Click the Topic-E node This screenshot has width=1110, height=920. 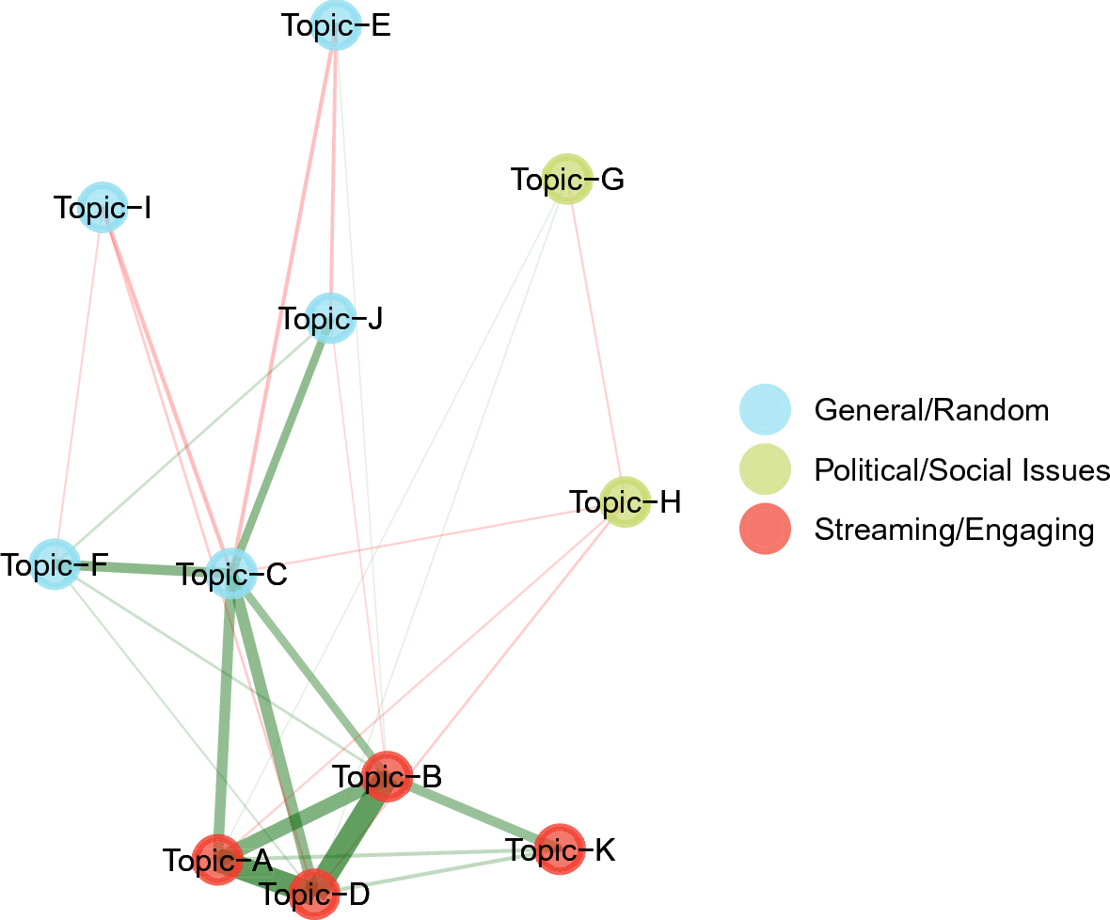(x=336, y=25)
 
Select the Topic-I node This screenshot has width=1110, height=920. (x=103, y=207)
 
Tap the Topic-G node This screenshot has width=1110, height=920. (x=566, y=179)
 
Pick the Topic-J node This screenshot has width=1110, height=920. (x=330, y=318)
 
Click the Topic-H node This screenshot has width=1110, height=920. (x=626, y=501)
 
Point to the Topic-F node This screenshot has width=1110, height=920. (x=55, y=564)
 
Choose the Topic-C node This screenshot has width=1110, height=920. (x=231, y=573)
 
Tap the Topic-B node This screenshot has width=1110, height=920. (x=387, y=777)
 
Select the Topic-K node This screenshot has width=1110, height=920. (x=560, y=849)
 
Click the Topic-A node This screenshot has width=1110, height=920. (x=217, y=860)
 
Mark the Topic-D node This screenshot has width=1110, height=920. (x=314, y=895)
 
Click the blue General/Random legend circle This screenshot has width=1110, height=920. (x=766, y=410)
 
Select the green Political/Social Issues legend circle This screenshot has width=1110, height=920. (x=766, y=469)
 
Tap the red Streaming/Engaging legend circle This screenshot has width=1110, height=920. (x=766, y=529)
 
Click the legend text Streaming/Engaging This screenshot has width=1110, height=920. (x=954, y=530)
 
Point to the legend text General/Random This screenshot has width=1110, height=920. (x=931, y=410)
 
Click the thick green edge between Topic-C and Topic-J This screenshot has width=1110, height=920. (x=281, y=446)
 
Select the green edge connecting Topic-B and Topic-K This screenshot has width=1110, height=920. (x=473, y=813)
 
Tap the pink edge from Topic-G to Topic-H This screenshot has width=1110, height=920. (x=596, y=341)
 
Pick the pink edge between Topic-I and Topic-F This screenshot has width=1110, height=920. (x=79, y=386)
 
